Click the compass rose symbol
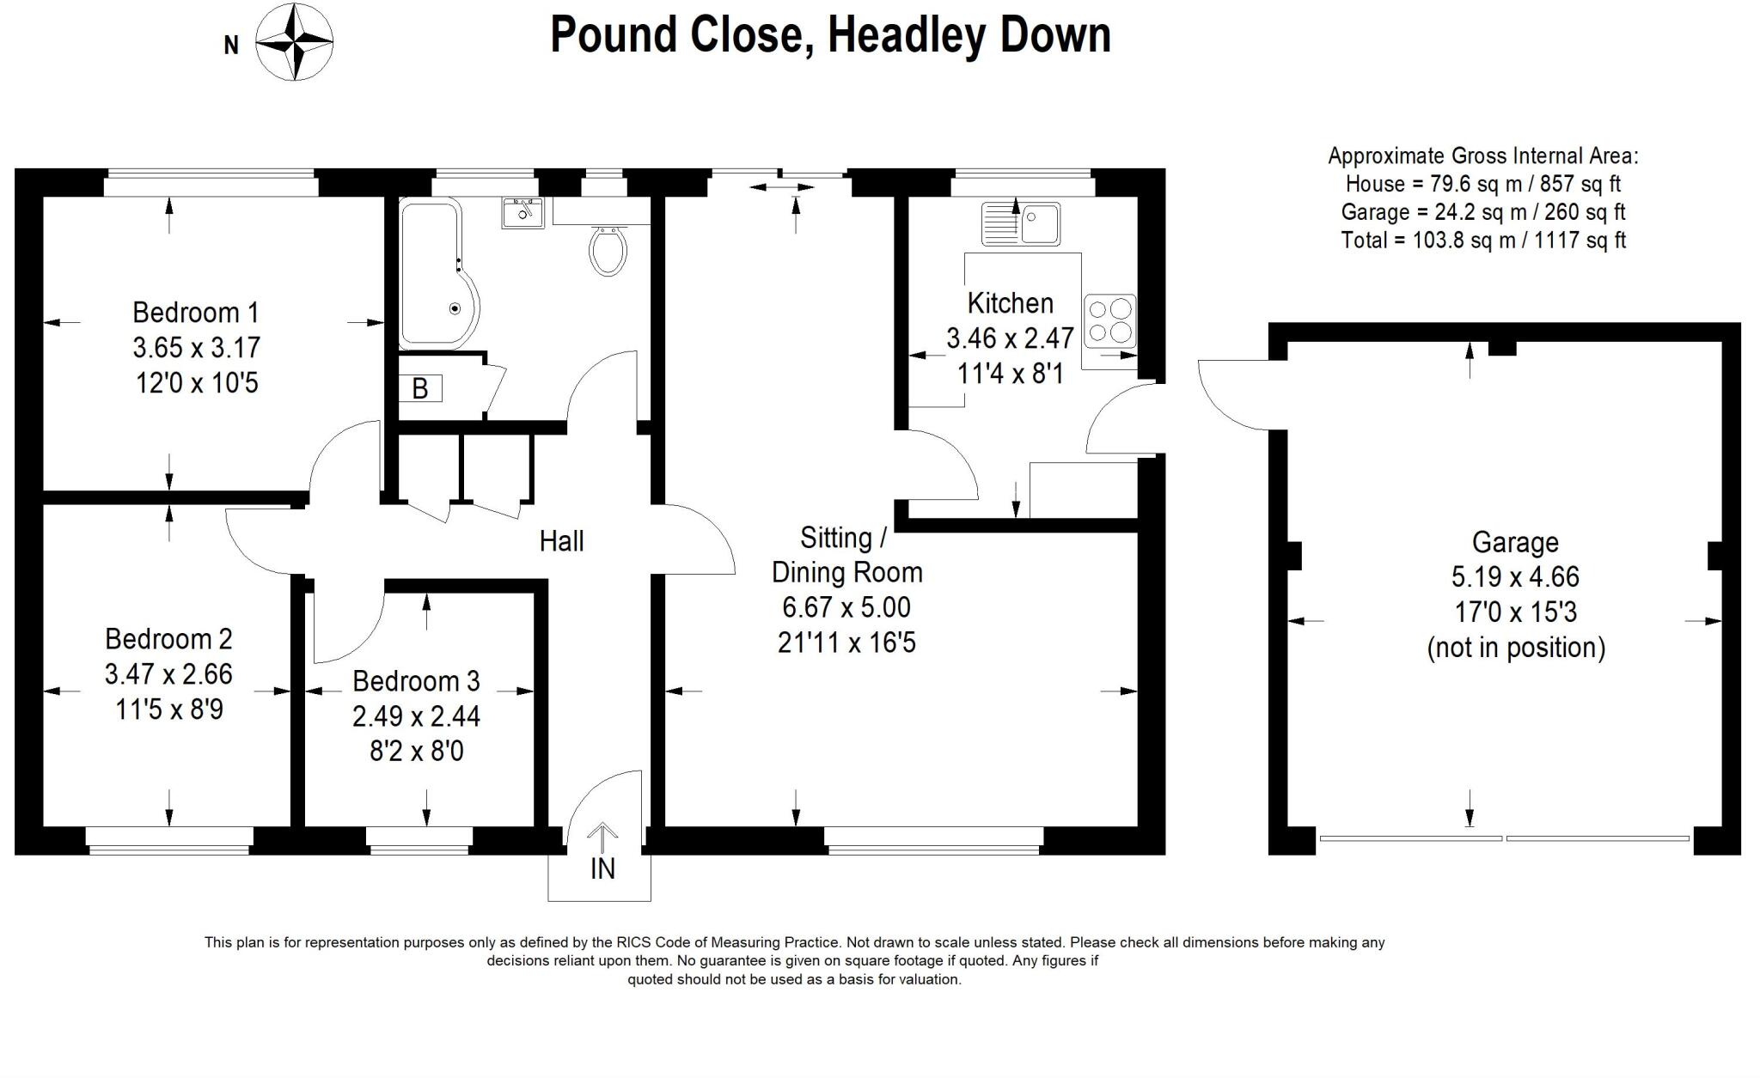click(x=295, y=42)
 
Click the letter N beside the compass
click(x=231, y=46)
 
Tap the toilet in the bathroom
click(x=608, y=249)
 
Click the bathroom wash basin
click(x=522, y=212)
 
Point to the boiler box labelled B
click(x=420, y=389)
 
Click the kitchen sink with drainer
click(x=1021, y=224)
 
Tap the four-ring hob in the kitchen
click(x=1109, y=320)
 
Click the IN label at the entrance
click(x=602, y=869)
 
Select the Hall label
click(x=561, y=541)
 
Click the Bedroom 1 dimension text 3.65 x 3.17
click(x=196, y=348)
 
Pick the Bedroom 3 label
click(x=416, y=681)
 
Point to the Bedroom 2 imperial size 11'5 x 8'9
click(x=168, y=710)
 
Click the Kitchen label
click(x=1010, y=303)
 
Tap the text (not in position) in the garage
click(x=1516, y=647)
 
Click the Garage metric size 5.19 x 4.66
click(x=1516, y=576)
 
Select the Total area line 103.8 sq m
click(x=1483, y=240)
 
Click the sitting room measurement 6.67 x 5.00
click(x=846, y=607)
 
